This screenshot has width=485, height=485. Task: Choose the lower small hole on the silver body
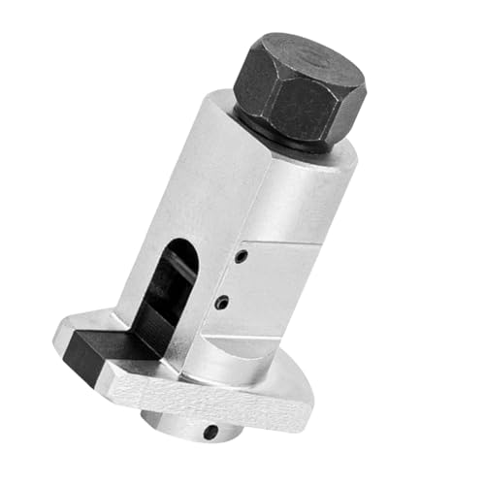click(x=222, y=304)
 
